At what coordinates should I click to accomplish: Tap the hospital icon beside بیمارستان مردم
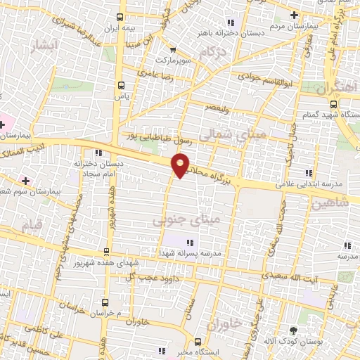tap(294, 15)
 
